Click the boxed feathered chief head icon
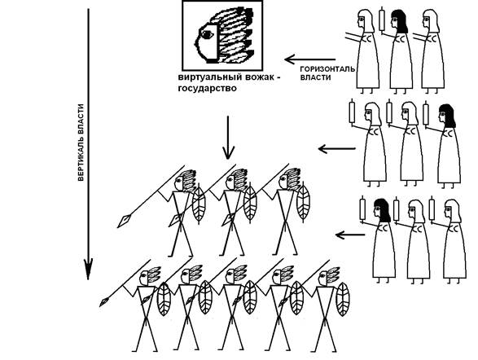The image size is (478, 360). [x=222, y=35]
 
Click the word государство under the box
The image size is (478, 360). [x=208, y=89]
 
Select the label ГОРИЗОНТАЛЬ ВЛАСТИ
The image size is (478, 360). [x=327, y=73]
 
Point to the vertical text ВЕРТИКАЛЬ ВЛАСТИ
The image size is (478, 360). [x=81, y=143]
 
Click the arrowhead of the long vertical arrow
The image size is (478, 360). [x=88, y=269]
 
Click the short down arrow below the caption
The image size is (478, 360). [x=228, y=138]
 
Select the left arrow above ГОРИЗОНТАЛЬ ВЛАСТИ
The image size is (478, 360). [x=309, y=59]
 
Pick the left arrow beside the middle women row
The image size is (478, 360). [x=336, y=149]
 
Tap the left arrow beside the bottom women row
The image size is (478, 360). [x=350, y=235]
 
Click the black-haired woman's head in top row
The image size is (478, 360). [x=399, y=20]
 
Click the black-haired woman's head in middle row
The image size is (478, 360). [x=447, y=116]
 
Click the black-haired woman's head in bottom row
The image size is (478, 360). [x=382, y=210]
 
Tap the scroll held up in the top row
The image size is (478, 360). [x=382, y=20]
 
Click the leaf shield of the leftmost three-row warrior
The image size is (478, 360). [x=199, y=204]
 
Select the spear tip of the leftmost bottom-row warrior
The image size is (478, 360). [x=104, y=302]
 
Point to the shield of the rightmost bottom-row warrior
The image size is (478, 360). [x=343, y=300]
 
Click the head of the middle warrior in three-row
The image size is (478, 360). [x=235, y=181]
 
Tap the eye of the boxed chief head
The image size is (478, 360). [x=208, y=35]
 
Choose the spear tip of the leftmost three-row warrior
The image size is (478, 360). [x=124, y=222]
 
